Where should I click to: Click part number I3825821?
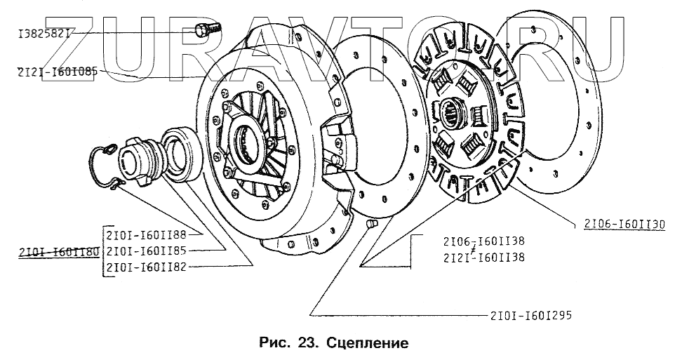coord(44,33)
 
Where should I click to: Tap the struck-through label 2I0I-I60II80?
coord(59,251)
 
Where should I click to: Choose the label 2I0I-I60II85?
coord(145,251)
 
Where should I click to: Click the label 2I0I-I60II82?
coord(145,268)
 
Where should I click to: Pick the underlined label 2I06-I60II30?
coord(624,225)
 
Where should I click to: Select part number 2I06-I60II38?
coord(484,241)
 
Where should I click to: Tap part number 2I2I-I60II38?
coord(484,258)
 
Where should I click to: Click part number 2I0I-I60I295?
coord(528,314)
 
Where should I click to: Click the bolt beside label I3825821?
coord(206,30)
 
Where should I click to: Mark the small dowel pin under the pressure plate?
coord(371,224)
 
